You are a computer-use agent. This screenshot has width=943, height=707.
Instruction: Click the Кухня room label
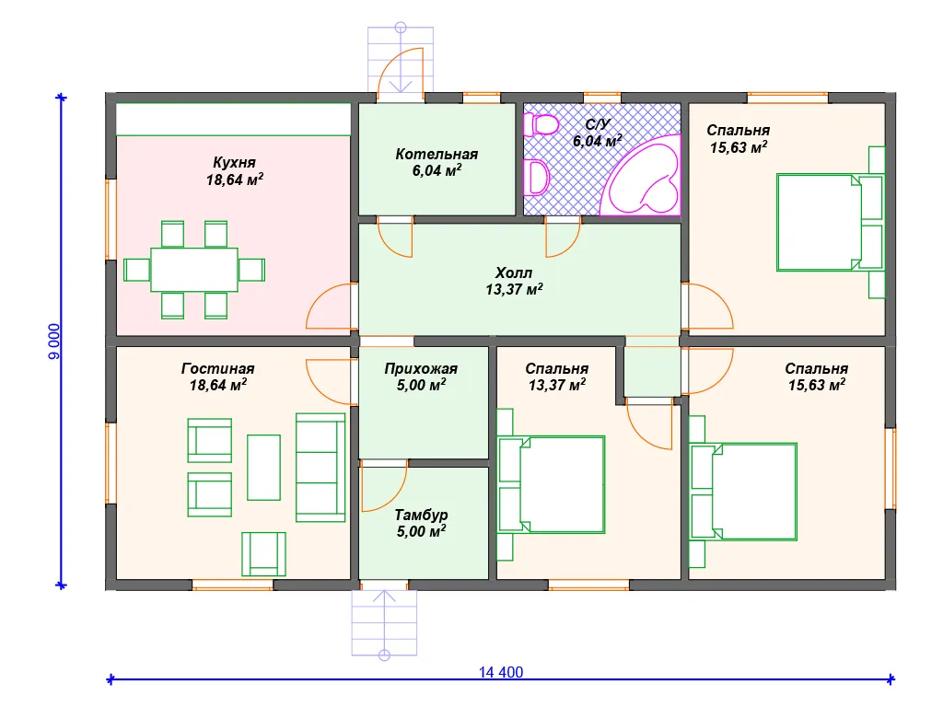pos(234,162)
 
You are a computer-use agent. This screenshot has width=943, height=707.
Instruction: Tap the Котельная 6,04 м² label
pos(437,162)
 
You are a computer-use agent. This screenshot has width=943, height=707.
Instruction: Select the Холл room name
pos(514,272)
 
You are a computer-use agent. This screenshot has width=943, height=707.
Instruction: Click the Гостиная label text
pos(217,368)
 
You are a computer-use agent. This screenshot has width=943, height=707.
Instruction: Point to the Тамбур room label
pos(421,515)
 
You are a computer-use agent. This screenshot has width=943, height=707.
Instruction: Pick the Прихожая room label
pos(421,368)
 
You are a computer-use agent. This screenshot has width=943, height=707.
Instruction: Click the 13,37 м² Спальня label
pos(557,377)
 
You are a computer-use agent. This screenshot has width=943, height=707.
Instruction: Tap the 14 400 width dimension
pos(501,672)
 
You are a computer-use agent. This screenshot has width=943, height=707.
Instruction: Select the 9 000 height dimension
pos(54,342)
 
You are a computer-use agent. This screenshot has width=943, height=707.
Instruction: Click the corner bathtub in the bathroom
pos(641,175)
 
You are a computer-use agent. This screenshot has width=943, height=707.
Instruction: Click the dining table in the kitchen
pos(194,270)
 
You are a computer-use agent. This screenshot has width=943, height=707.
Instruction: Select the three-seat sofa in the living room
pos(320,467)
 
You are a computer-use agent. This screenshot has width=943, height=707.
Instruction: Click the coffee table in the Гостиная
pos(264,467)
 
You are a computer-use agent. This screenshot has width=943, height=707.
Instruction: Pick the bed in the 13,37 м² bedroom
pos(551,484)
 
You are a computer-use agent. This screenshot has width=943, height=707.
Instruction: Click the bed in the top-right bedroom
pos(830,222)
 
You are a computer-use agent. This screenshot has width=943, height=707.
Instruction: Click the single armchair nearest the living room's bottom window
pos(264,553)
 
